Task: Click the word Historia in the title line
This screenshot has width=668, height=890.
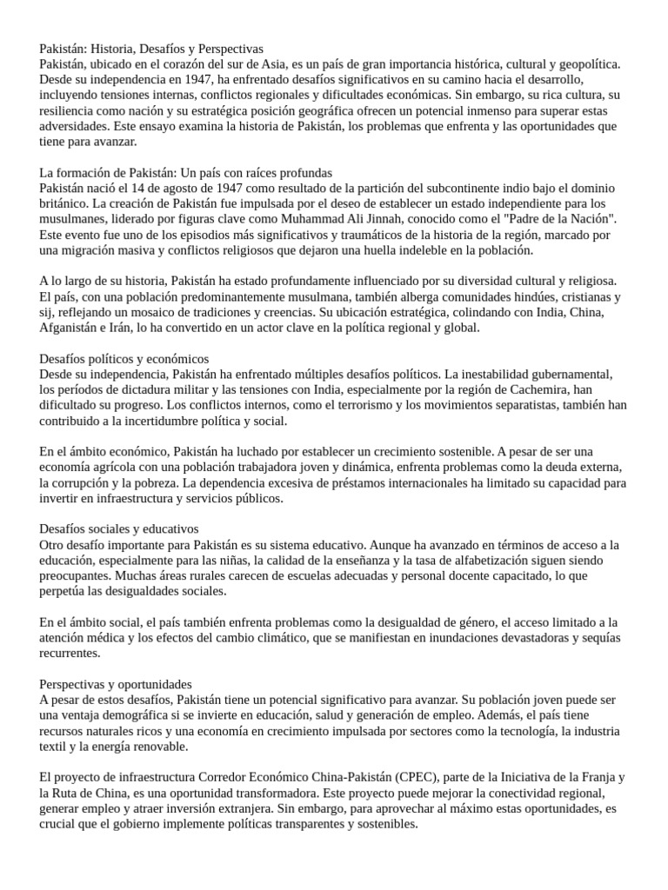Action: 124,49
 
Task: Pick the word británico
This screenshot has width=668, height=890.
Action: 69,204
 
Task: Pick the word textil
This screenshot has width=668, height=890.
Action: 55,747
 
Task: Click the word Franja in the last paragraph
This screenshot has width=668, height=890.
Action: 595,777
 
